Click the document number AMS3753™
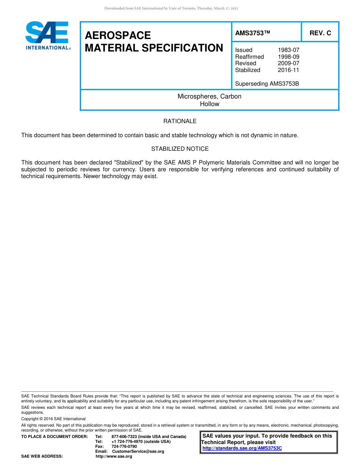pos(252,33)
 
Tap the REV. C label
pos(320,33)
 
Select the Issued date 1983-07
pos(288,50)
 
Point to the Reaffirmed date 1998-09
pos(288,57)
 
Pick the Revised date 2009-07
pos(288,63)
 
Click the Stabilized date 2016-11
pos(288,70)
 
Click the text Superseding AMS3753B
pos(267,83)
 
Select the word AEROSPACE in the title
pos(118,35)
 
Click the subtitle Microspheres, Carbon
pos(209,96)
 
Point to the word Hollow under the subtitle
pos(209,104)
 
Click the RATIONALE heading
pos(180,121)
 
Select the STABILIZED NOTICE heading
pos(180,149)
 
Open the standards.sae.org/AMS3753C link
pos(242,448)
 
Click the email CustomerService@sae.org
pos(138,451)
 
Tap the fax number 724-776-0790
pos(124,446)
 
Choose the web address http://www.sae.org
pos(114,456)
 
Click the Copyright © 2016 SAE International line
pos(53,419)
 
